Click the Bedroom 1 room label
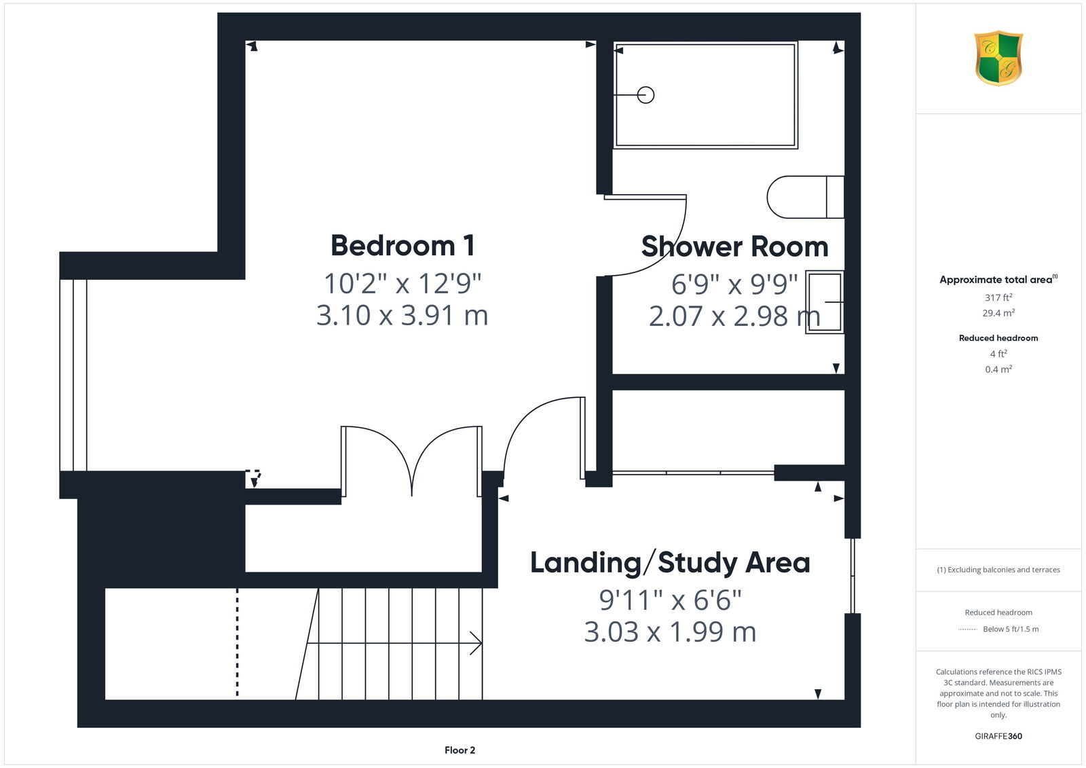402,246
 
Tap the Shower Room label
734,246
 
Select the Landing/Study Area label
670,563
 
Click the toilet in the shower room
805,197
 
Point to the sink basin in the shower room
824,301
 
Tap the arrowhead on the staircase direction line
476,643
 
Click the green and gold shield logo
998,58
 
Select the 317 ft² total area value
998,297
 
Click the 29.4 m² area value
998,313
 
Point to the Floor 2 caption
460,750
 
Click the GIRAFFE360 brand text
998,736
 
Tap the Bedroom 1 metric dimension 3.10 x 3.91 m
402,315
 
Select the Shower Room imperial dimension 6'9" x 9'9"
734,285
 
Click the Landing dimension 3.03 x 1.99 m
670,632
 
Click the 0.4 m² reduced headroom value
998,369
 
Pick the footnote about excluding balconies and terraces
998,570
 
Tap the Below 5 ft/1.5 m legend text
1011,629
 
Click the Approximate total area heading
998,279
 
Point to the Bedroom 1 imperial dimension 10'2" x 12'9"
402,284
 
